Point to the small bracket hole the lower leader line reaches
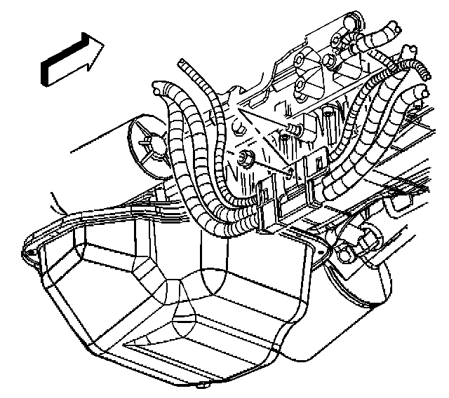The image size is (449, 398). (291, 170)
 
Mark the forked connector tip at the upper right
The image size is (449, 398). (411, 53)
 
